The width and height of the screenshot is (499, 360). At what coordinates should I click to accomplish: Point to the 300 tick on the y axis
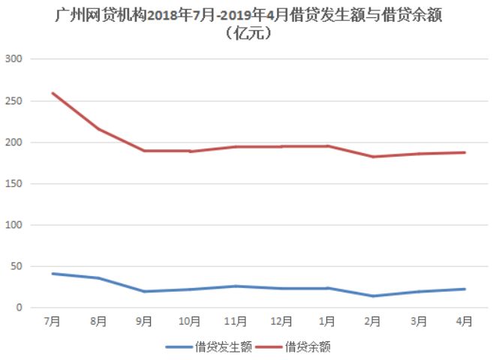point(14,59)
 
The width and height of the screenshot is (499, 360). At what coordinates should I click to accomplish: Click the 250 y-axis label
point(14,100)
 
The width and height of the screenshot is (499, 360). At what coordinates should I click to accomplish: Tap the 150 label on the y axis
point(14,184)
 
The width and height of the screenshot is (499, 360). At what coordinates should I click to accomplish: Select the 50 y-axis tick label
point(17,266)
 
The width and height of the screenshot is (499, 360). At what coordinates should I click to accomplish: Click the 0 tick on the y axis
point(20,307)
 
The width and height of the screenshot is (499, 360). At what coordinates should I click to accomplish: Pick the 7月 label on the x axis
point(53,321)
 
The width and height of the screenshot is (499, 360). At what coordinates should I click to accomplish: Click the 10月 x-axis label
point(190,321)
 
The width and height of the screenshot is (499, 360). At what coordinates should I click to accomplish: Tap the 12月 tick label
point(281,321)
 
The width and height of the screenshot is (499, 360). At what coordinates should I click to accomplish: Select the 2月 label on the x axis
point(373,321)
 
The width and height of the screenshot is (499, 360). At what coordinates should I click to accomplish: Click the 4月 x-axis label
point(464,321)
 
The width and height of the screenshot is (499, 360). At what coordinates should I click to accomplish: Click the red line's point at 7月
point(53,93)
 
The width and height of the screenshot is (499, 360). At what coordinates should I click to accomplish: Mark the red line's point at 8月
point(98,129)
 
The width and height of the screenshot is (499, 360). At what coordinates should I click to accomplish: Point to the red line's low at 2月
point(373,157)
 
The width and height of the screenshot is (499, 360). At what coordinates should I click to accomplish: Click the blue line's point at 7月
point(53,274)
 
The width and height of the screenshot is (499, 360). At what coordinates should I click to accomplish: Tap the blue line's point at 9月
point(144,292)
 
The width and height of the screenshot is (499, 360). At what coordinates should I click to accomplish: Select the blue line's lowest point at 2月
point(373,296)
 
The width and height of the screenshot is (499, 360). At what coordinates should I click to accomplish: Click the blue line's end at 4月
point(464,289)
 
